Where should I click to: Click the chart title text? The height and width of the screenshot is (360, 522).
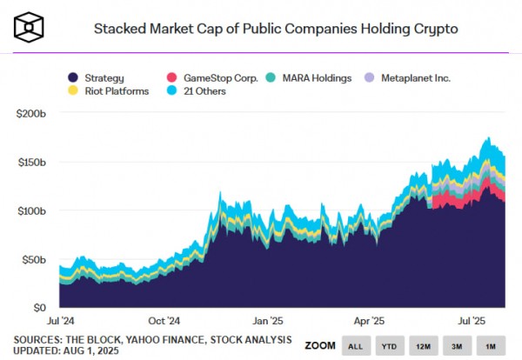(275, 29)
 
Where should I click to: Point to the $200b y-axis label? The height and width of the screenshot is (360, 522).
(31, 113)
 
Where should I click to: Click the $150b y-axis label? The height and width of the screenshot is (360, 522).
(31, 162)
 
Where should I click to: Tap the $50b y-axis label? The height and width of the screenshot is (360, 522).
(34, 259)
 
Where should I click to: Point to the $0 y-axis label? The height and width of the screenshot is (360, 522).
(40, 308)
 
